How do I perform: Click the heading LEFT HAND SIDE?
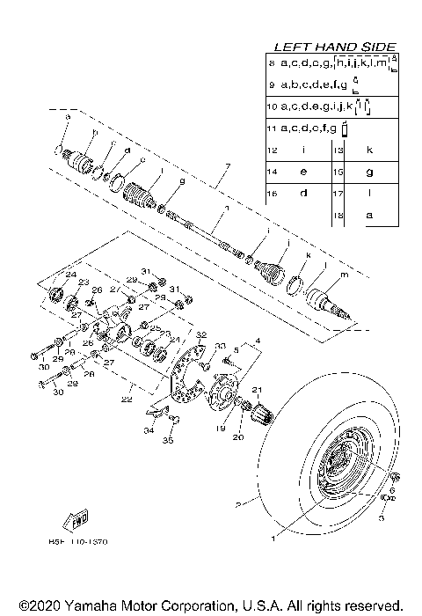pyautogui.click(x=335, y=47)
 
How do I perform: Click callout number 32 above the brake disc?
pyautogui.click(x=200, y=335)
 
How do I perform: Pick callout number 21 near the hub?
pyautogui.click(x=258, y=389)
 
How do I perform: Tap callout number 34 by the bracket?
pyautogui.click(x=148, y=431)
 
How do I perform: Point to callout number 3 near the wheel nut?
pyautogui.click(x=382, y=518)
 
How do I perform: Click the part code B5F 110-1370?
pyautogui.click(x=84, y=542)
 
